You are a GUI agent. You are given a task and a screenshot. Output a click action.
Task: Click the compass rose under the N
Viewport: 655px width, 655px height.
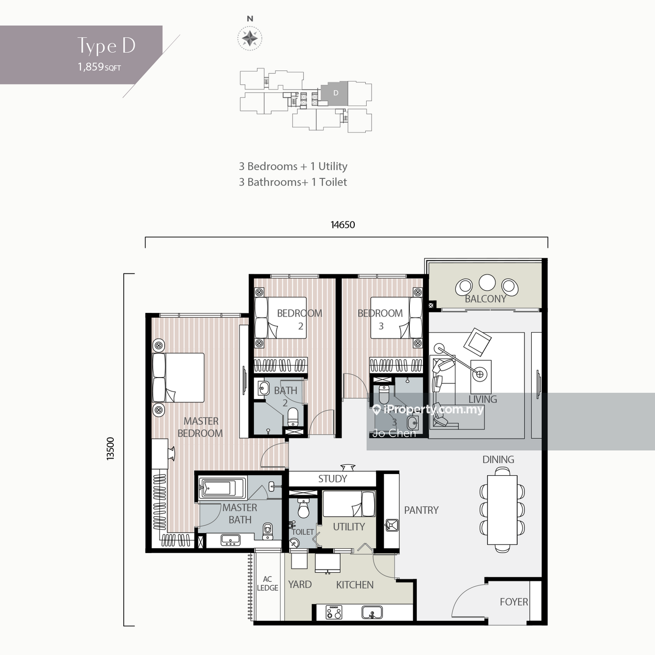(250, 38)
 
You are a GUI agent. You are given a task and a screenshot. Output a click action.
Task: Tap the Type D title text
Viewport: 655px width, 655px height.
(106, 46)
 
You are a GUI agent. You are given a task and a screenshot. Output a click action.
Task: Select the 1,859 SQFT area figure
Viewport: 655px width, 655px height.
(99, 66)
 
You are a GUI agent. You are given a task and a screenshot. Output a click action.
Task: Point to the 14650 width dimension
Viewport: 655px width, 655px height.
(343, 225)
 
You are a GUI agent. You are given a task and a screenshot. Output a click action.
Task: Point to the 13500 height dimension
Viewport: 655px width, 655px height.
(111, 448)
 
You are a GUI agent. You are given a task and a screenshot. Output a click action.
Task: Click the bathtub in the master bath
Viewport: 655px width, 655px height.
(222, 488)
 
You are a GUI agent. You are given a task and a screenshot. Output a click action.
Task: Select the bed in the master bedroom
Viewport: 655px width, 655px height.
(178, 378)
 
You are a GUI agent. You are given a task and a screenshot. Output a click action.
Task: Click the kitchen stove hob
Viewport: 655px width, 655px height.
(334, 612)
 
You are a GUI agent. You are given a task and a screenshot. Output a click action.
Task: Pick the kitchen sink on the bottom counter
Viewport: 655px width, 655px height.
(372, 613)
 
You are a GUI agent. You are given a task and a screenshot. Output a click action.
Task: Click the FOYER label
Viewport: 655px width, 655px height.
(514, 602)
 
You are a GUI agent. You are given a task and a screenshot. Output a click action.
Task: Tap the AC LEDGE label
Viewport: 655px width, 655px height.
(267, 583)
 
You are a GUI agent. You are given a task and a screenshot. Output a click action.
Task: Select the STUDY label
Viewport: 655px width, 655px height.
(333, 479)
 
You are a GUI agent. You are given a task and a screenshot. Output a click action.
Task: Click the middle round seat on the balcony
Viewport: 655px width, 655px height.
(487, 283)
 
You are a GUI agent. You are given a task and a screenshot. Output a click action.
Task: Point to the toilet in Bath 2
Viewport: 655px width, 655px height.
(292, 416)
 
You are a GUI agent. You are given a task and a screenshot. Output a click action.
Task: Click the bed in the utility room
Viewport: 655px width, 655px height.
(349, 504)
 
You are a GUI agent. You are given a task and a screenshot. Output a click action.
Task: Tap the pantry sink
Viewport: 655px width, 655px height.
(392, 525)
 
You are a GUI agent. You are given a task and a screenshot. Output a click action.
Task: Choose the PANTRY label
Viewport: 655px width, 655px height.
(421, 510)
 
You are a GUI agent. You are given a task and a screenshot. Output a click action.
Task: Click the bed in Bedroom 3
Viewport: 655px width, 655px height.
(396, 318)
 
